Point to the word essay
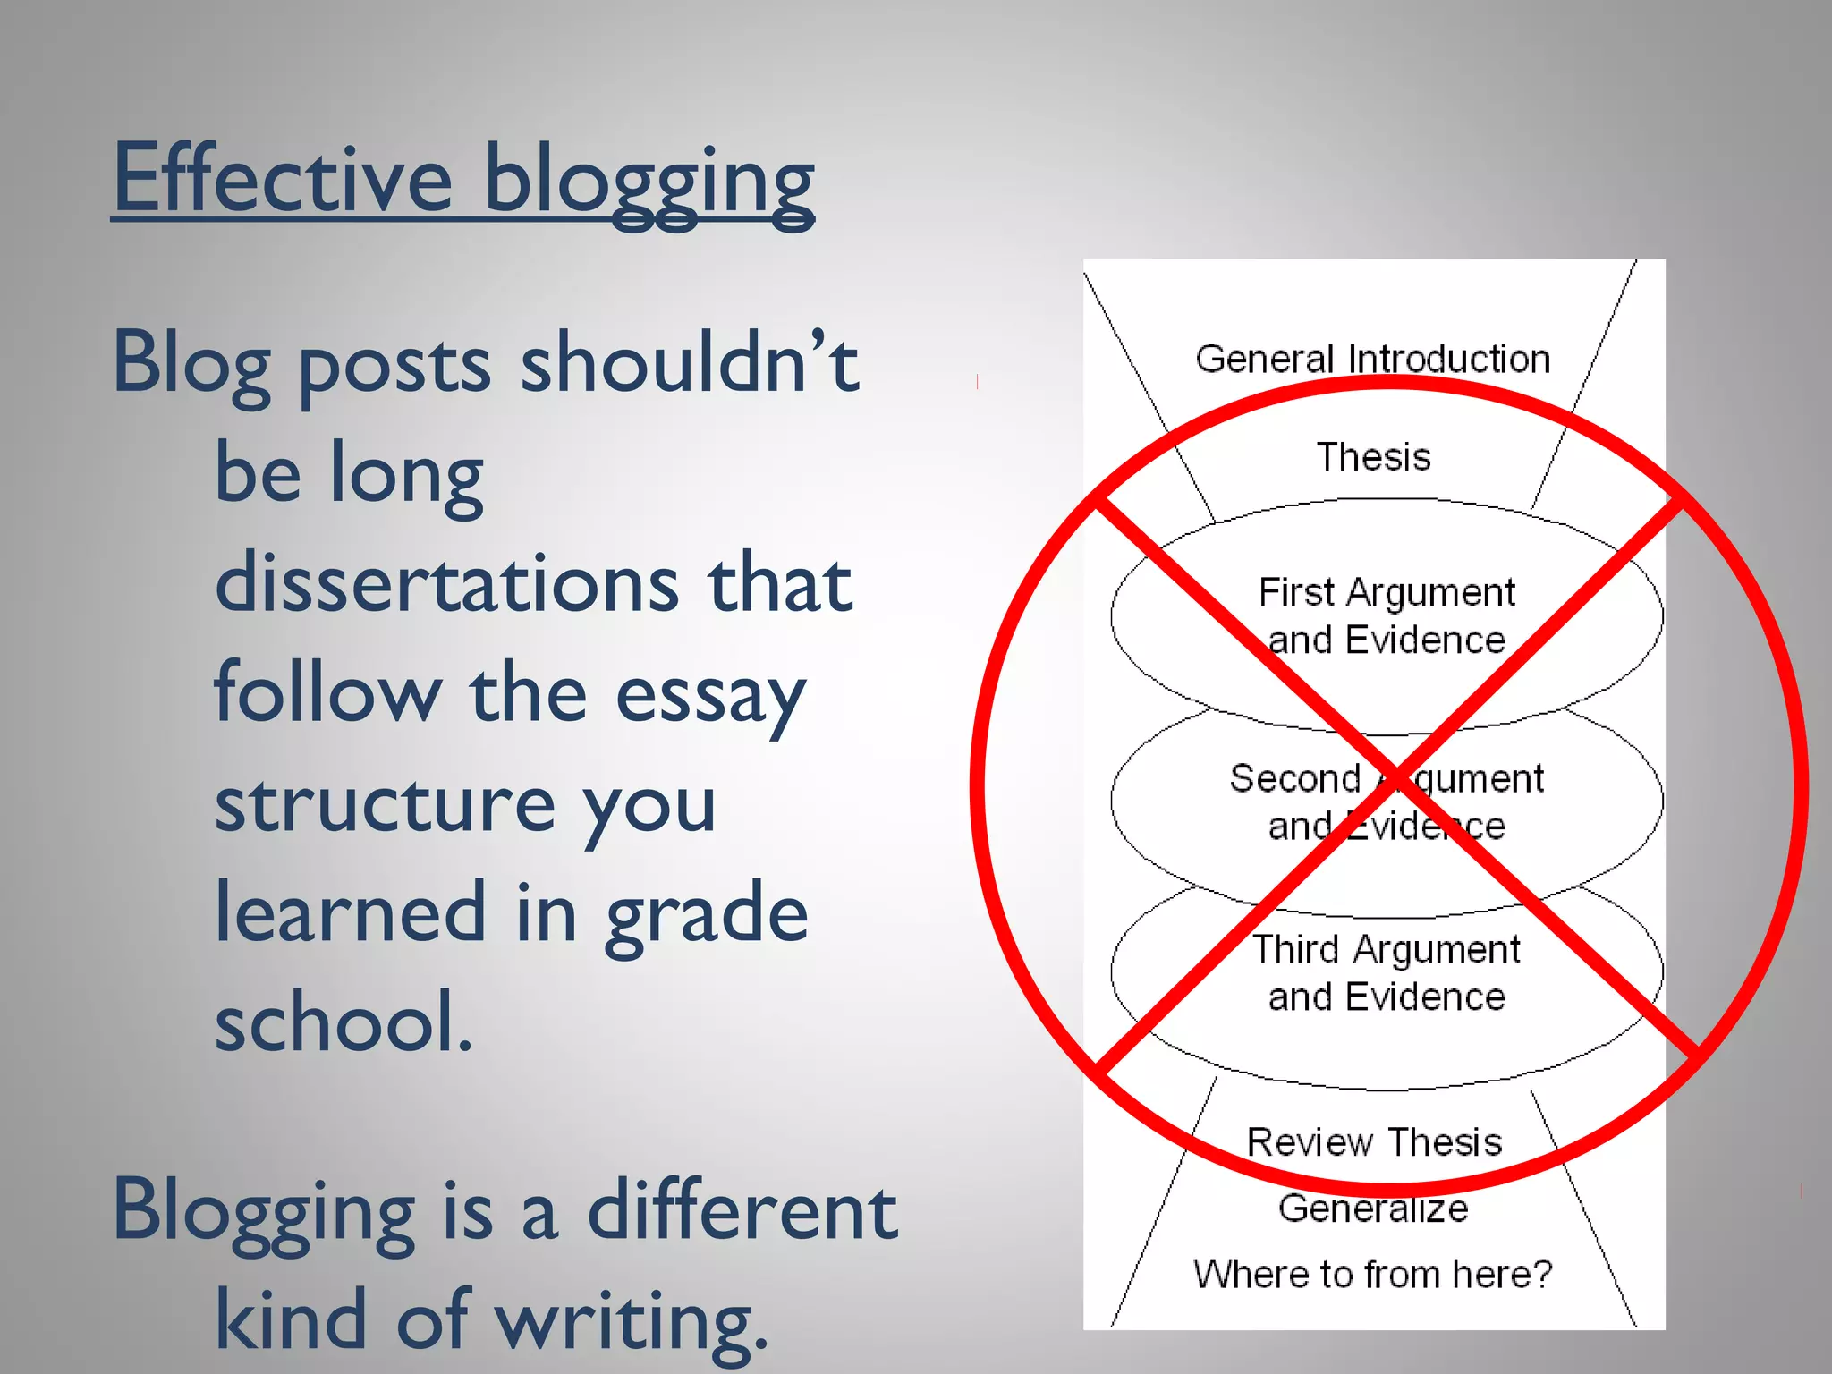[710, 696]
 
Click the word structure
[385, 803]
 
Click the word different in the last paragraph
[742, 1209]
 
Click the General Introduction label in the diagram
[1372, 359]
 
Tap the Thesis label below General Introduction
[1373, 457]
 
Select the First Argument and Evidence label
[1387, 615]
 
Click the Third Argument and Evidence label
[1387, 972]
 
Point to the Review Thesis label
[1374, 1142]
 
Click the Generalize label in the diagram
[1373, 1209]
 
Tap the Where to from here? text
[1372, 1274]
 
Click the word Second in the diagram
[1294, 778]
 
